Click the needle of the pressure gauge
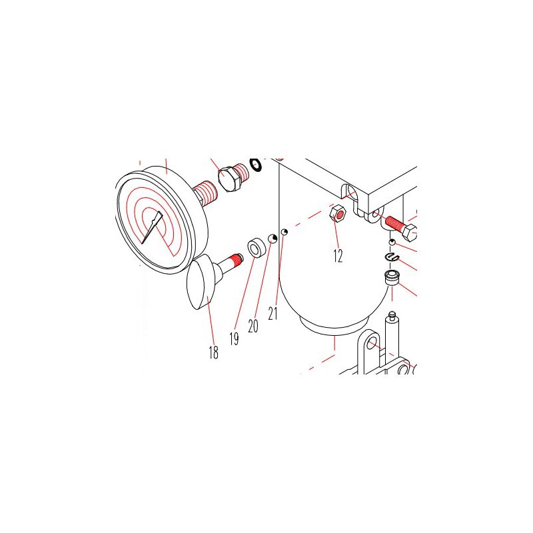(x=152, y=227)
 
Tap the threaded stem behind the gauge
(x=206, y=193)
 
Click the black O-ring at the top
(x=255, y=165)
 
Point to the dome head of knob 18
(x=201, y=284)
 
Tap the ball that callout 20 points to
(x=272, y=239)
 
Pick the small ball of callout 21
(x=284, y=232)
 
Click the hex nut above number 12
(x=338, y=213)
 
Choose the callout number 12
(x=338, y=256)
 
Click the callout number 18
(x=213, y=352)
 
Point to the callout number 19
(x=234, y=338)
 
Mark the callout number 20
(x=253, y=326)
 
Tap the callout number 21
(x=272, y=313)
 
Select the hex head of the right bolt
(x=410, y=233)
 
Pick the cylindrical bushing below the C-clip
(x=392, y=278)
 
